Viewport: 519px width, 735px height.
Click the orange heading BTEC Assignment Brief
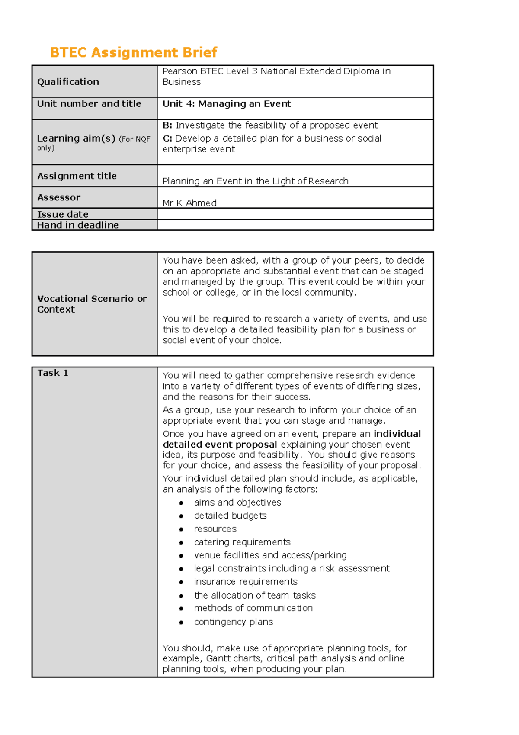(133, 52)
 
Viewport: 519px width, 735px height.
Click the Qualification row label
(68, 82)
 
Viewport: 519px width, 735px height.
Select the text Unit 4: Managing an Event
(227, 104)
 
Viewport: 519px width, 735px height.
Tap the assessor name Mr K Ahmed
(189, 203)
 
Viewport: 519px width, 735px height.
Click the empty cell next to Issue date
(295, 214)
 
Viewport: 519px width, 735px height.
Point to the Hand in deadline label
(77, 225)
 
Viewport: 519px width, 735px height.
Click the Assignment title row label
(77, 176)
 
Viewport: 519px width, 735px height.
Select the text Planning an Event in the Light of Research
(255, 181)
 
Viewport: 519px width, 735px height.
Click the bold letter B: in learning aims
(167, 126)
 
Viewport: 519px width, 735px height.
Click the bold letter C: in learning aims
(167, 139)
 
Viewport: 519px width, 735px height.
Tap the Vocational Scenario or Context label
(92, 304)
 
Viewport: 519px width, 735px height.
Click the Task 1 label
(52, 373)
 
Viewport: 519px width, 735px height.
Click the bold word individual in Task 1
(397, 434)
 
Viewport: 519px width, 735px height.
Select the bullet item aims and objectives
(237, 503)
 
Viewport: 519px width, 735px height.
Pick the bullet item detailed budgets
(230, 516)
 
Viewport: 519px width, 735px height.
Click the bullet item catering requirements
(242, 542)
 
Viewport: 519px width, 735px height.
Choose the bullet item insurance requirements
(245, 582)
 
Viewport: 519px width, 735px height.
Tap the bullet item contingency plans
(234, 622)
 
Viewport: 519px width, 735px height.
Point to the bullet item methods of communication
(253, 608)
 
